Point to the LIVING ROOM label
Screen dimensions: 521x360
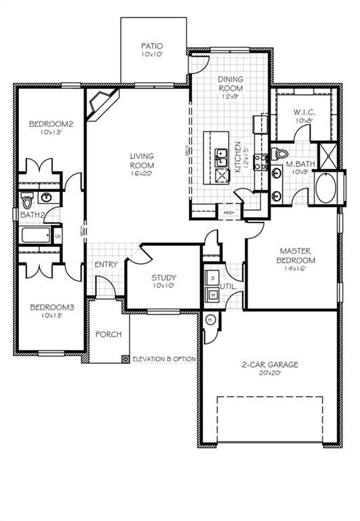coord(142,164)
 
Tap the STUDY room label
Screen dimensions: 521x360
coord(163,281)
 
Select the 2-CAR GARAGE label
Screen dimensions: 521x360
coord(269,368)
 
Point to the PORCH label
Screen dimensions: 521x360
coord(108,334)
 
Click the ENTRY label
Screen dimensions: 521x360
coord(106,265)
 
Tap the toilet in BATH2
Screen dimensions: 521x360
coord(28,201)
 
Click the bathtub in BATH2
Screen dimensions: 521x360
coord(35,235)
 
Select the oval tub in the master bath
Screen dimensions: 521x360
coord(327,188)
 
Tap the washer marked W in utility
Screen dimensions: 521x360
coord(212,295)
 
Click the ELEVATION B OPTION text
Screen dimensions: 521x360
coord(164,359)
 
